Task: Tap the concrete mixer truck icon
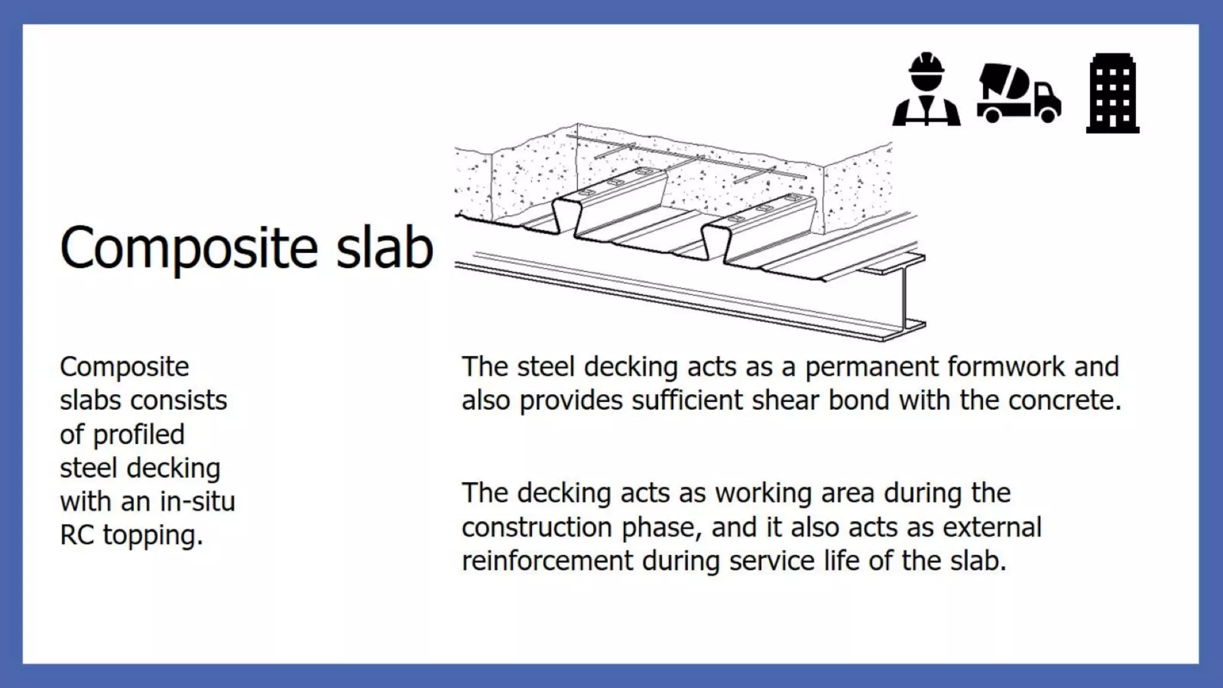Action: (1019, 93)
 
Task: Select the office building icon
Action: (1113, 93)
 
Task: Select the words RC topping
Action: (131, 535)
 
